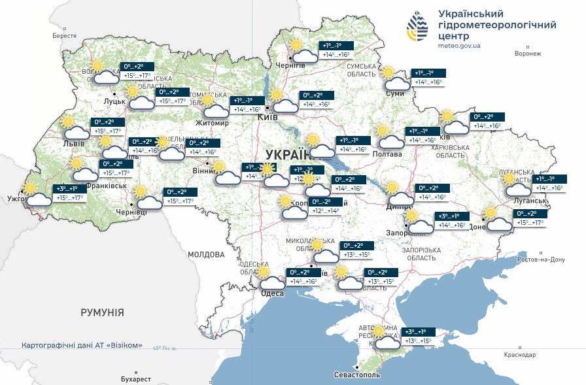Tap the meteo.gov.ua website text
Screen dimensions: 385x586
460,46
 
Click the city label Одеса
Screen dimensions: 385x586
272,293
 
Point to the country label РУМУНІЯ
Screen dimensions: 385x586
102,313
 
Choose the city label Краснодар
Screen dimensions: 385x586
519,354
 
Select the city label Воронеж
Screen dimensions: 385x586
528,54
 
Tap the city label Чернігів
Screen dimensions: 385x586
290,66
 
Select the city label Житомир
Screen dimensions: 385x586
212,123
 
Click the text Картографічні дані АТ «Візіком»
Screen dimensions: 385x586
82,345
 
